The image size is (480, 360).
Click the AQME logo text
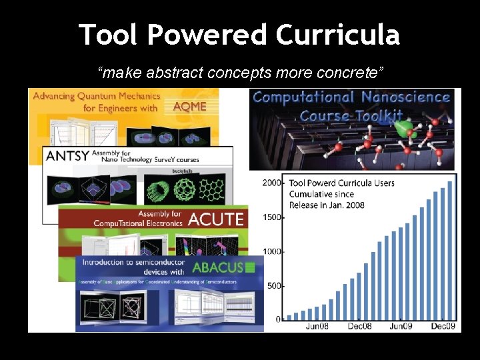pyautogui.click(x=189, y=107)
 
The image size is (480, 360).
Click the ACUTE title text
pyautogui.click(x=216, y=219)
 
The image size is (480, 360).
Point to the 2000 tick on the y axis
pyautogui.click(x=271, y=182)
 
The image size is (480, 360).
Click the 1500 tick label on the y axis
pyautogui.click(x=271, y=217)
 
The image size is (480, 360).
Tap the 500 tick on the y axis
pyautogui.click(x=273, y=285)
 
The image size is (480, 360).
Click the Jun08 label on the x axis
pyautogui.click(x=317, y=326)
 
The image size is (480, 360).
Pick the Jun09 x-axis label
pyautogui.click(x=401, y=326)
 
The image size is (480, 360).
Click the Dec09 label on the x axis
pyautogui.click(x=442, y=326)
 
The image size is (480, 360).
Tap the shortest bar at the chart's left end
pyautogui.click(x=289, y=317)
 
